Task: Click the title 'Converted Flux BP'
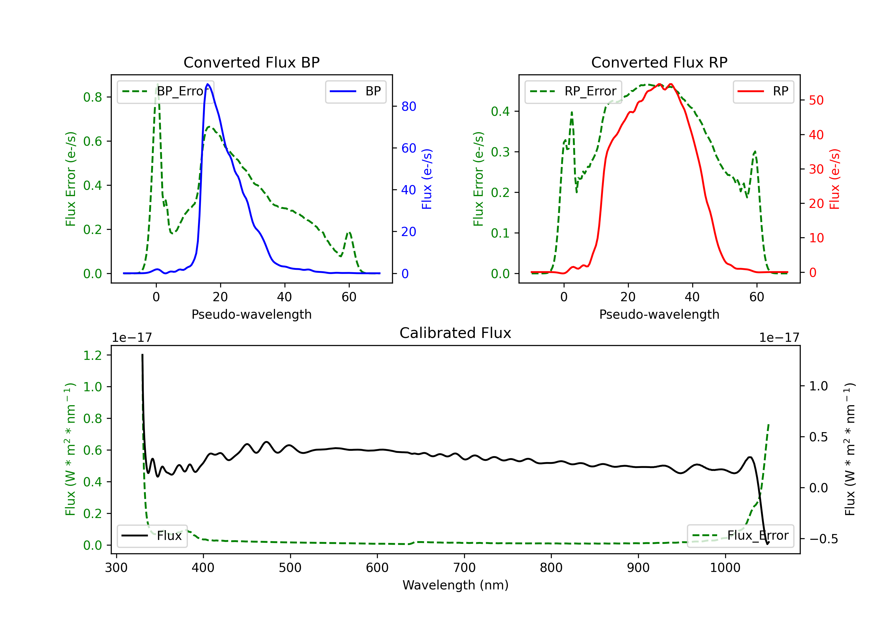251,62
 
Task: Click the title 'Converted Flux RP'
659,62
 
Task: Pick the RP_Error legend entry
573,91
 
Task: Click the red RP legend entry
763,91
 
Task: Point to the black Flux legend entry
152,536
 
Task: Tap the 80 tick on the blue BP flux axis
408,106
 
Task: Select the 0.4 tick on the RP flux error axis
500,111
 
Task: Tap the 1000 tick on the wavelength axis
725,568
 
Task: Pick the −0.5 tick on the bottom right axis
823,539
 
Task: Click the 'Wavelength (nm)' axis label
455,585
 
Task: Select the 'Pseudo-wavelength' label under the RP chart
659,314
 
